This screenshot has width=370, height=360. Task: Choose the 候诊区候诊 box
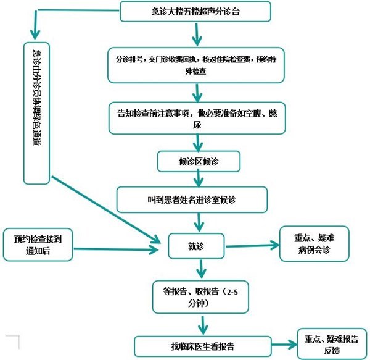[197, 161]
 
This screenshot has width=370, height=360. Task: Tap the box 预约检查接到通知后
[37, 244]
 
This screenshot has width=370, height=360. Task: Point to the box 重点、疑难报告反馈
[331, 345]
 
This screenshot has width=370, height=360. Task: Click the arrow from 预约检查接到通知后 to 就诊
[114, 250]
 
